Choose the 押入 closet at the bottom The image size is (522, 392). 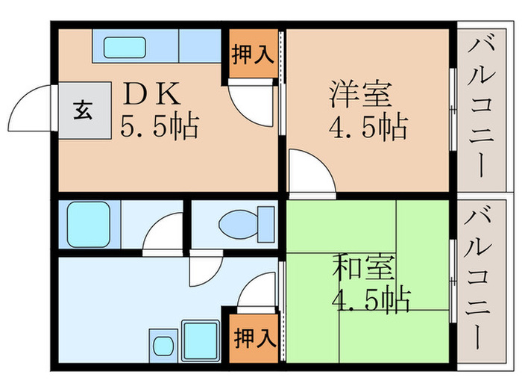(252, 338)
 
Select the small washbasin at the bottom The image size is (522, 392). (161, 346)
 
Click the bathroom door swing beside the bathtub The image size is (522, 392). (164, 231)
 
